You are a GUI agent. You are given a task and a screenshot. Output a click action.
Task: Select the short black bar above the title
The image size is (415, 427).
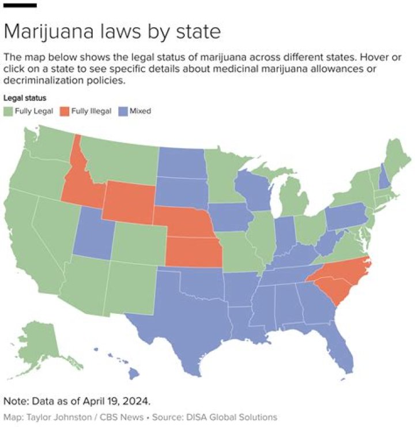point(20,5)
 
